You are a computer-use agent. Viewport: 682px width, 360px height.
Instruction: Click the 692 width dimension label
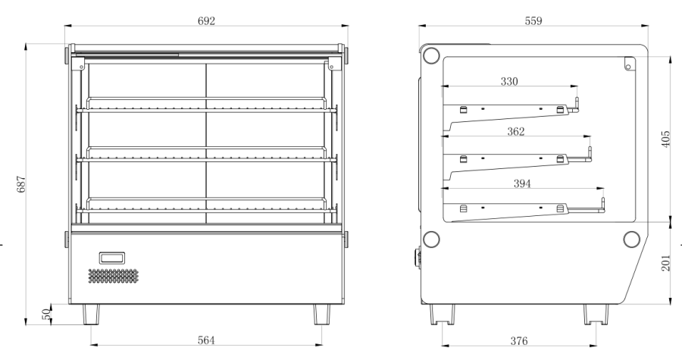click(x=206, y=21)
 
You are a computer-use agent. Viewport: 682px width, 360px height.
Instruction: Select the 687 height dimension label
click(x=21, y=184)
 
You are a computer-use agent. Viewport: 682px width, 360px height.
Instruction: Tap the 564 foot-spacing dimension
click(x=206, y=340)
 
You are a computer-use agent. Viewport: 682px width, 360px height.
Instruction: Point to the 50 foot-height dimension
click(x=46, y=314)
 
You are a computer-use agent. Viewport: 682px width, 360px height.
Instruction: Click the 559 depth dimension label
click(x=533, y=21)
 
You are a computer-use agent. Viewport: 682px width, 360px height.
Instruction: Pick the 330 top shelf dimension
click(x=509, y=81)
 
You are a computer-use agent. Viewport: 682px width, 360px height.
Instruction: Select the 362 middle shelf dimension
click(x=516, y=131)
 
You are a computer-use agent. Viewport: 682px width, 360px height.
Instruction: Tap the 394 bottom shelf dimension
click(x=522, y=183)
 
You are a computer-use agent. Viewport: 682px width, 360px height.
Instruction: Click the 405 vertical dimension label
click(x=666, y=139)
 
